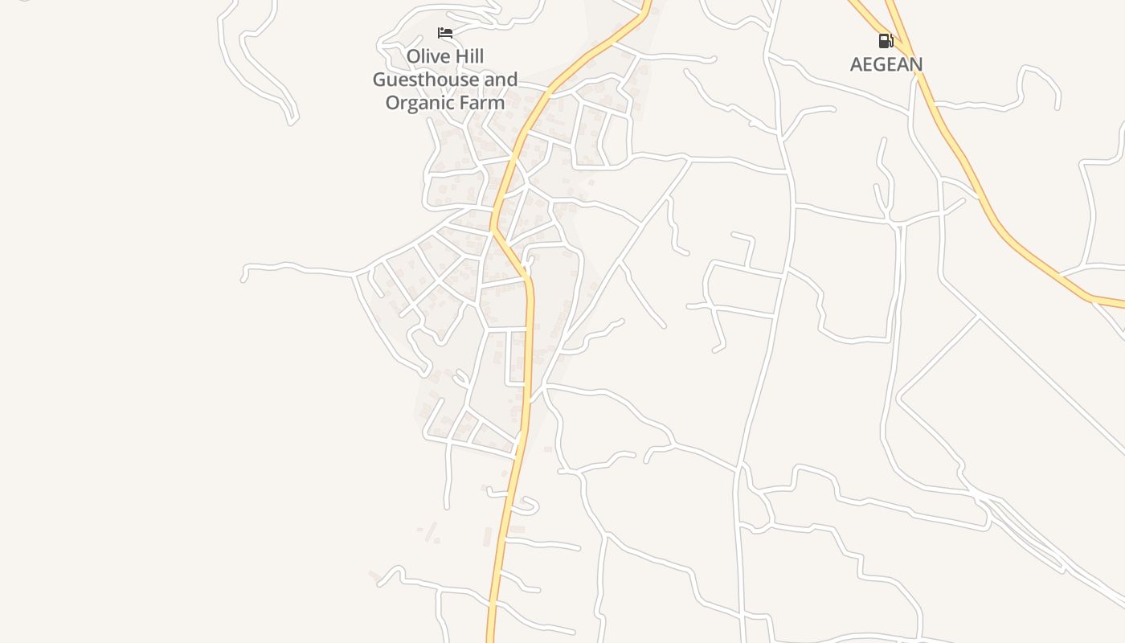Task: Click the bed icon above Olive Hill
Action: coord(445,33)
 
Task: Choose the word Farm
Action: coord(482,103)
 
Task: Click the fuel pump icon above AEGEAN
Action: coord(886,40)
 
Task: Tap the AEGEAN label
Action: coord(886,64)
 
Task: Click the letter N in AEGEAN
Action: coord(915,64)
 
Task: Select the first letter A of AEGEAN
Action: coord(857,64)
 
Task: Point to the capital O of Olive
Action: coord(414,57)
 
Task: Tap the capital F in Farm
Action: coord(467,103)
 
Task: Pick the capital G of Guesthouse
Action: coord(379,80)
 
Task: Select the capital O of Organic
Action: coord(393,103)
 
